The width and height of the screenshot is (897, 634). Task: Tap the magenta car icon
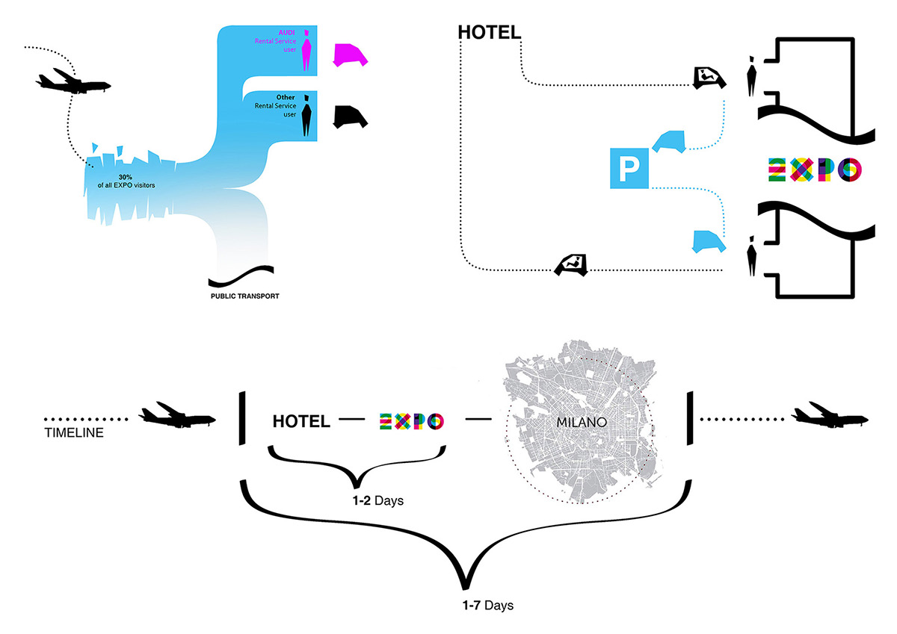pyautogui.click(x=350, y=55)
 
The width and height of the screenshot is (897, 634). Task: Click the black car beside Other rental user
pyautogui.click(x=350, y=116)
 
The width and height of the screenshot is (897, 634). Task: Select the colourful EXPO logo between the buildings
pyautogui.click(x=814, y=169)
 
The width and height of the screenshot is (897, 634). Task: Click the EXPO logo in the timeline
pyautogui.click(x=411, y=421)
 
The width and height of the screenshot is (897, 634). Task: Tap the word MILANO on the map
pyautogui.click(x=580, y=421)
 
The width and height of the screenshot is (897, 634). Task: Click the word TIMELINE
pyautogui.click(x=74, y=432)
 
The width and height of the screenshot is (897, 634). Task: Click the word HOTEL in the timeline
pyautogui.click(x=300, y=422)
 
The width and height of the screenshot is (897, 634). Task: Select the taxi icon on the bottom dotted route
pyautogui.click(x=571, y=264)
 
